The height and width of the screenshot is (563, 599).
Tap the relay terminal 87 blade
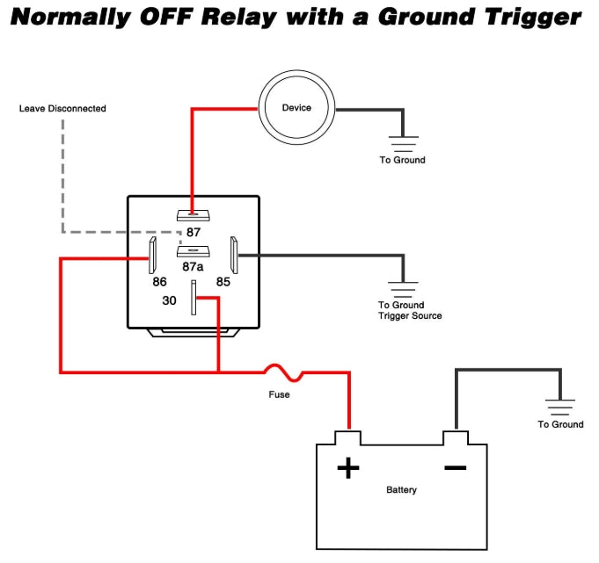tap(193, 215)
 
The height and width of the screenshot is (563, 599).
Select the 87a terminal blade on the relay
tap(193, 251)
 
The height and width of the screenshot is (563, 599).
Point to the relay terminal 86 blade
tap(152, 256)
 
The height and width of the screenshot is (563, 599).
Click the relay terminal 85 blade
tap(234, 256)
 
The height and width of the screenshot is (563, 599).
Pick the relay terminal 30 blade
tap(194, 298)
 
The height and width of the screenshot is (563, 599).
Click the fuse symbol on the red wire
tap(283, 372)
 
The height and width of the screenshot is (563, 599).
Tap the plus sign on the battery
tap(348, 467)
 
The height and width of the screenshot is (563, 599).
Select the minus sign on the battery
tap(456, 467)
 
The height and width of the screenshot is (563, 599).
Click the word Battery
tap(401, 490)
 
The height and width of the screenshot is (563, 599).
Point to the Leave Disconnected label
tap(62, 108)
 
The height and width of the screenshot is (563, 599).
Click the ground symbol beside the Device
tap(403, 144)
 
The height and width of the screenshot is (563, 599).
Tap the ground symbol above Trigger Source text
tap(403, 290)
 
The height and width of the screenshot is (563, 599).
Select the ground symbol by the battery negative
tap(560, 408)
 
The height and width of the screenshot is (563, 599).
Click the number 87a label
tap(193, 267)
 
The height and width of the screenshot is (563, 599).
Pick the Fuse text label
tap(279, 394)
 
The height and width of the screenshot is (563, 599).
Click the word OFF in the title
tap(166, 18)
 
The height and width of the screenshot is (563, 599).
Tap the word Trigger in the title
tap(533, 18)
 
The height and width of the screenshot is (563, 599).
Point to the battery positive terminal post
tap(347, 437)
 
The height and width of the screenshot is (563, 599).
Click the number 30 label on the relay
tap(169, 300)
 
